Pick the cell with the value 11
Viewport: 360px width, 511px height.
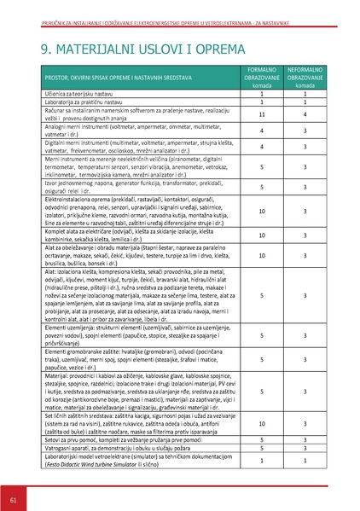click(260, 114)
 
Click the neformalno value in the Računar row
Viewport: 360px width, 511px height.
click(305, 114)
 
